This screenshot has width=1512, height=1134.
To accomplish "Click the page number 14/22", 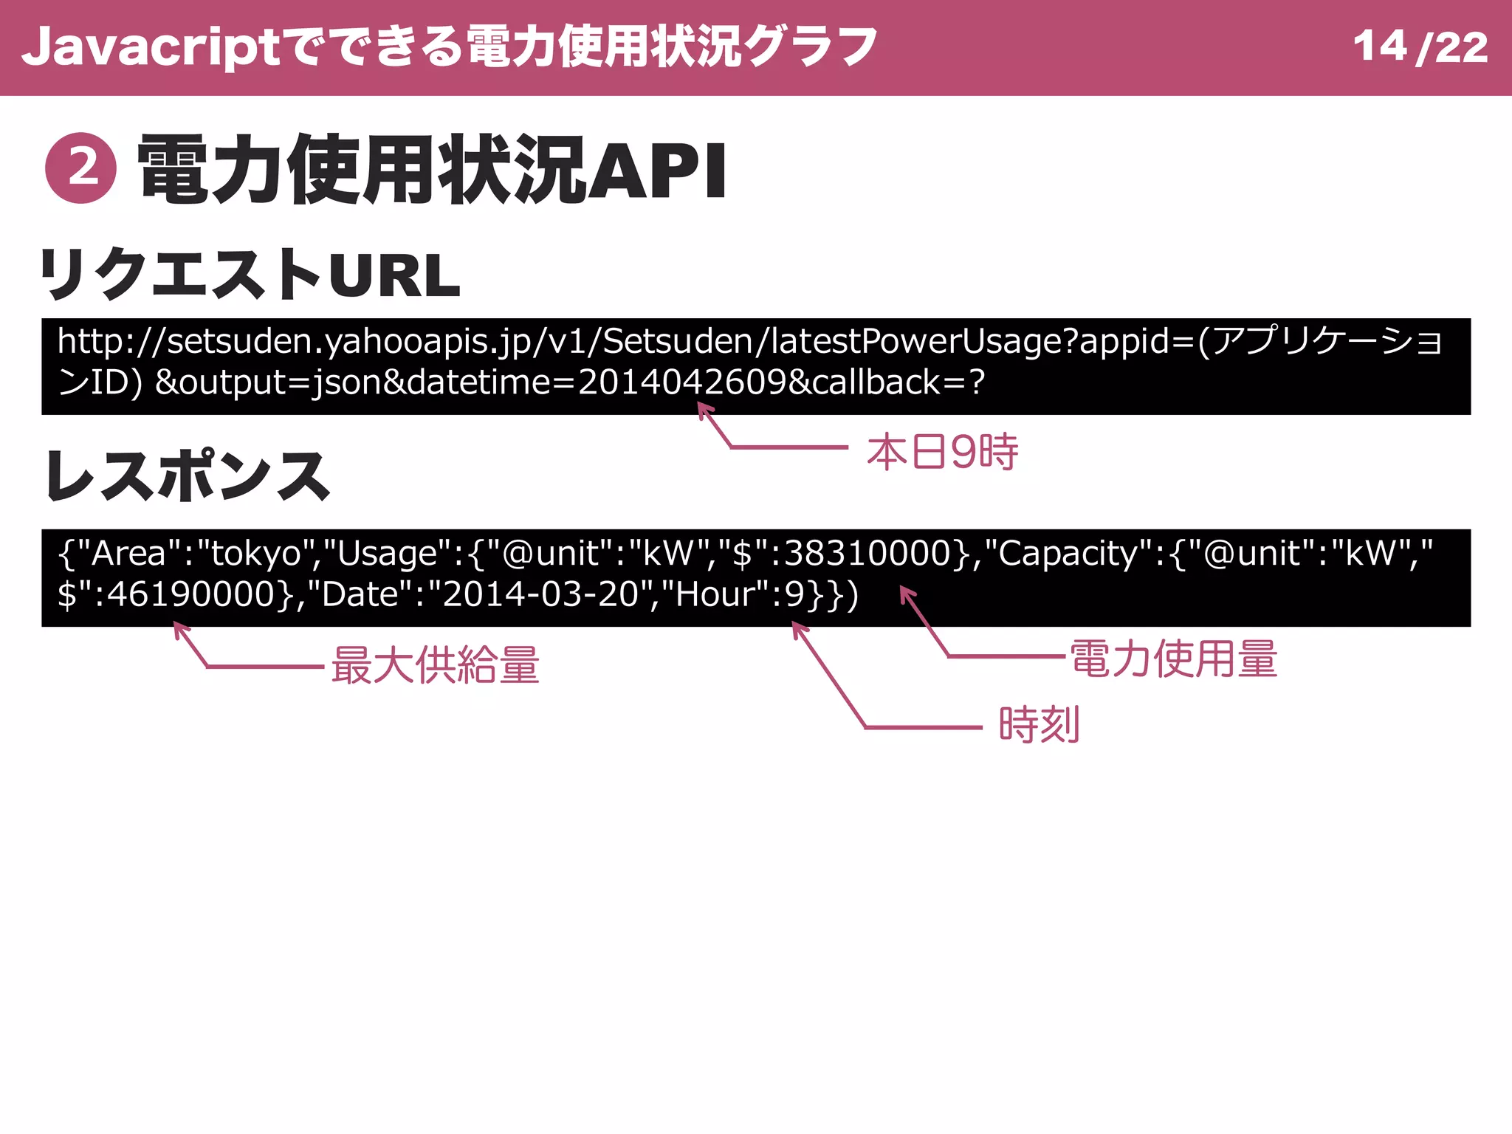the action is point(1420,47).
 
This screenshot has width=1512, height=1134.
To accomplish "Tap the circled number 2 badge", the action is point(81,168).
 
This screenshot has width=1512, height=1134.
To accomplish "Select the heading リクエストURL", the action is point(250,275).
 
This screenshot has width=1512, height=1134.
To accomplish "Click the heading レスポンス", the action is point(188,476).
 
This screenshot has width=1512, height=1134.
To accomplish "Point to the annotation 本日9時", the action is point(942,452).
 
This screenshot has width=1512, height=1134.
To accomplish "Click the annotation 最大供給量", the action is point(436,664).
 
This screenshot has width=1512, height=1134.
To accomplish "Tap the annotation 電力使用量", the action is point(1174,659).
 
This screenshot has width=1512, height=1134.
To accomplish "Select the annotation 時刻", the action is point(1039,724).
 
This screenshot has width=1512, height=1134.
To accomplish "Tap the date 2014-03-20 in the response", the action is point(540,594).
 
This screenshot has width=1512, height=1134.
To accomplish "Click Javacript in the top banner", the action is point(151,47).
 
